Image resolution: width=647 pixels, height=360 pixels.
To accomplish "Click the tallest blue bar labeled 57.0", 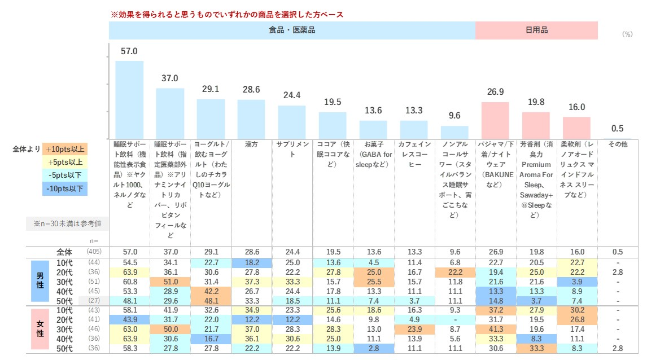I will click(x=129, y=99).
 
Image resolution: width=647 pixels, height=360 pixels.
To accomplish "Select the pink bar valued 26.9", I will click(x=495, y=120).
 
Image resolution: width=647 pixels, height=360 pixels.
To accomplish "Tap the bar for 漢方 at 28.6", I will click(x=251, y=119).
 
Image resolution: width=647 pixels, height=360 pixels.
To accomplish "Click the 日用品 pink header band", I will click(x=536, y=30).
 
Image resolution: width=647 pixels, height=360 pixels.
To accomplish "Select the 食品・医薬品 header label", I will click(x=292, y=30).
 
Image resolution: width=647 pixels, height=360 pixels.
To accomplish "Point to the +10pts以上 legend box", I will click(x=64, y=150).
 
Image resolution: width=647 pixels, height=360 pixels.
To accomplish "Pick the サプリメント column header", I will click(x=292, y=149).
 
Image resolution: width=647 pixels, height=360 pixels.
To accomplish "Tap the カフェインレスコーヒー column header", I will click(x=414, y=149).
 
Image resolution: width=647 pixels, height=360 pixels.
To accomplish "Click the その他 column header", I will click(x=618, y=144).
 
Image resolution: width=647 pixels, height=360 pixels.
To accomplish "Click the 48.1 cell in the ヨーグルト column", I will click(x=211, y=301).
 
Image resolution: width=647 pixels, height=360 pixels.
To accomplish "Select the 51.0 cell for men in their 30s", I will click(x=170, y=282).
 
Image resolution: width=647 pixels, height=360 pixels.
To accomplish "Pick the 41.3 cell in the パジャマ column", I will click(x=495, y=330).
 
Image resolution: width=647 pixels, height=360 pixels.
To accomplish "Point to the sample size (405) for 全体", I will click(x=94, y=252).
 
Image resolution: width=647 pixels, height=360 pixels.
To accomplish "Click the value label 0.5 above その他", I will click(x=618, y=129).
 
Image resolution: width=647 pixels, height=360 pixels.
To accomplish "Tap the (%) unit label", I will click(x=627, y=34).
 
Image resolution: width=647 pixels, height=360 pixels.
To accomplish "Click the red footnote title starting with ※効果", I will click(x=226, y=14).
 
